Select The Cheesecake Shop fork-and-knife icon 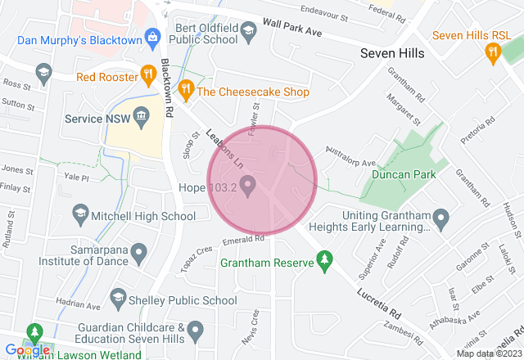point(186,90)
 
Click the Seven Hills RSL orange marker point(492,53)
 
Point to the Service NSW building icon point(140,117)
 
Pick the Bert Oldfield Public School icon point(250,31)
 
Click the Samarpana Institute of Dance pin point(138,252)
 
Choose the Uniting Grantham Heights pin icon point(441,218)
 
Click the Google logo point(27,350)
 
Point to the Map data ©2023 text point(486,353)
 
